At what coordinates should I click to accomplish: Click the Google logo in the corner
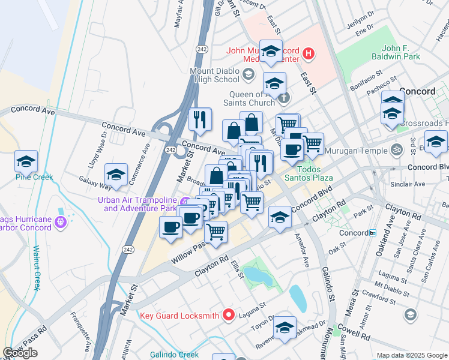click(x=20, y=353)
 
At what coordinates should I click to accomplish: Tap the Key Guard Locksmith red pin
click(x=228, y=314)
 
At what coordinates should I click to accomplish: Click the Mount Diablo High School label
click(x=214, y=74)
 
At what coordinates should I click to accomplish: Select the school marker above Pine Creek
click(x=26, y=160)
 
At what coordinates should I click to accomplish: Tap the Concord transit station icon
click(x=373, y=232)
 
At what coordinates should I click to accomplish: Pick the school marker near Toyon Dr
click(x=285, y=326)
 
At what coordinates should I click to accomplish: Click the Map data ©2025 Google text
click(x=412, y=355)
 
